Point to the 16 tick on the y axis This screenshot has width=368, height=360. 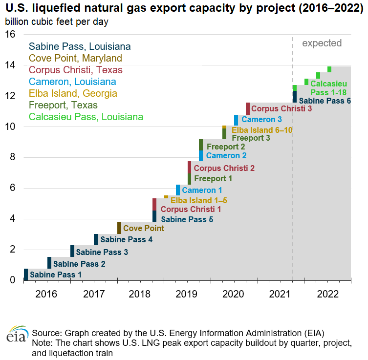click(11, 34)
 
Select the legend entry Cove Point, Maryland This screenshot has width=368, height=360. click(76, 58)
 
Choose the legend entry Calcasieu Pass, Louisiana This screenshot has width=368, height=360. click(86, 117)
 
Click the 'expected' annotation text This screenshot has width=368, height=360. click(322, 43)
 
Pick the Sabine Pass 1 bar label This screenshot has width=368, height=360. click(56, 275)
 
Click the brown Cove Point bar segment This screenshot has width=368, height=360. click(119, 228)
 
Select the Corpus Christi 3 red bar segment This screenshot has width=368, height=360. click(248, 108)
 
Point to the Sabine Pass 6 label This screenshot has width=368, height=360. click(325, 101)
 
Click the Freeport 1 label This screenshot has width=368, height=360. click(213, 179)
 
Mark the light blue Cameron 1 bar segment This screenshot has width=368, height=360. click(178, 190)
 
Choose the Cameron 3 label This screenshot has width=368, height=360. click(261, 120)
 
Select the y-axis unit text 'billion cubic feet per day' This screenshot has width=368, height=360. click(57, 22)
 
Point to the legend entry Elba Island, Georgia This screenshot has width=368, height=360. click(73, 93)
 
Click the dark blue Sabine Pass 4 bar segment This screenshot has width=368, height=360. click(96, 239)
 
